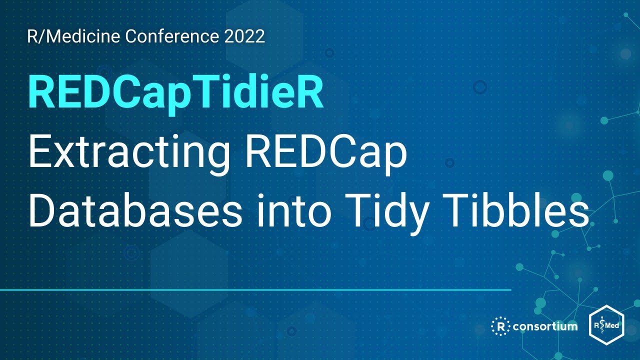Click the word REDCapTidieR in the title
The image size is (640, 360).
[176, 93]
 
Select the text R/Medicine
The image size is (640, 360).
[74, 37]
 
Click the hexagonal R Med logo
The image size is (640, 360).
[606, 325]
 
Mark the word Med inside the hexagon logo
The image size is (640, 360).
[612, 326]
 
